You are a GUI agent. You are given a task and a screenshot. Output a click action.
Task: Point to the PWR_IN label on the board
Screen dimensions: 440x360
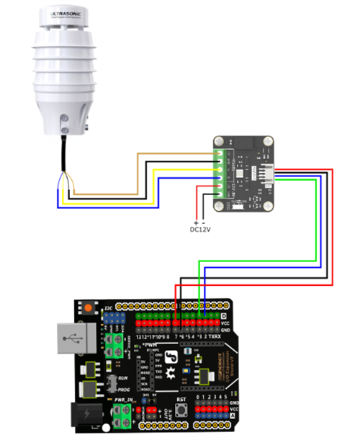coord(124,398)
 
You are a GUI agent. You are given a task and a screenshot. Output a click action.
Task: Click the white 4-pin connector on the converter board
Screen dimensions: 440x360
coord(264,173)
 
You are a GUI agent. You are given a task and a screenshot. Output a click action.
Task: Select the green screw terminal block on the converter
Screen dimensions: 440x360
coord(220,173)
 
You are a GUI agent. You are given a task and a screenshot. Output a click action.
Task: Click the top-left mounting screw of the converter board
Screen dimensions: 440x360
coord(221,141)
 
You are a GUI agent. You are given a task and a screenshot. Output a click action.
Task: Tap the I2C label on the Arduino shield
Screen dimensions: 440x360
coord(107,307)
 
